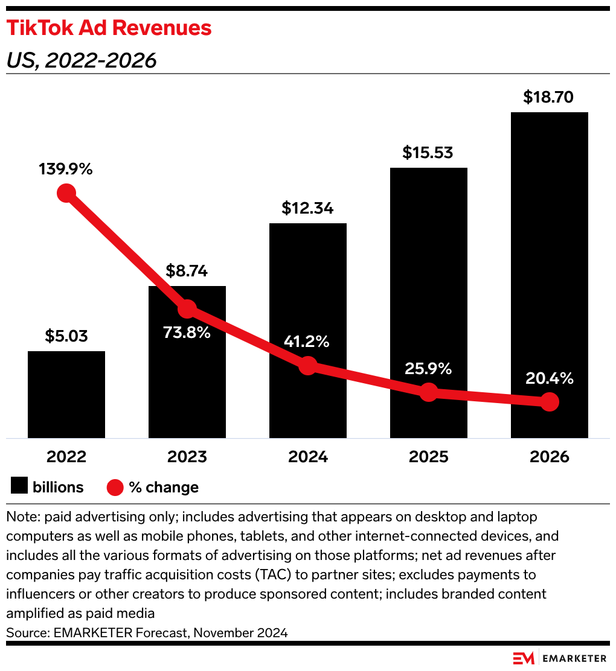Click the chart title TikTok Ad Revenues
click(109, 28)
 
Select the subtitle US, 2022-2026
click(81, 60)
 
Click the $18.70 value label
click(548, 97)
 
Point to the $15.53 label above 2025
click(428, 153)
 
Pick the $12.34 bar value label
click(307, 208)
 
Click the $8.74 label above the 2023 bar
click(187, 271)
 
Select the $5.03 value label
click(66, 336)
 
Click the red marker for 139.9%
click(66, 194)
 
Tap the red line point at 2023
click(187, 309)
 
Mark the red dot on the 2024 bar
click(308, 366)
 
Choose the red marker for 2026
click(549, 402)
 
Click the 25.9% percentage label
click(428, 369)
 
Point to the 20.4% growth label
click(549, 379)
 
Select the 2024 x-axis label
click(308, 457)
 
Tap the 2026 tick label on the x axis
click(549, 457)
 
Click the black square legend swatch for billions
click(19, 486)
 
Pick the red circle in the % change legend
click(115, 487)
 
